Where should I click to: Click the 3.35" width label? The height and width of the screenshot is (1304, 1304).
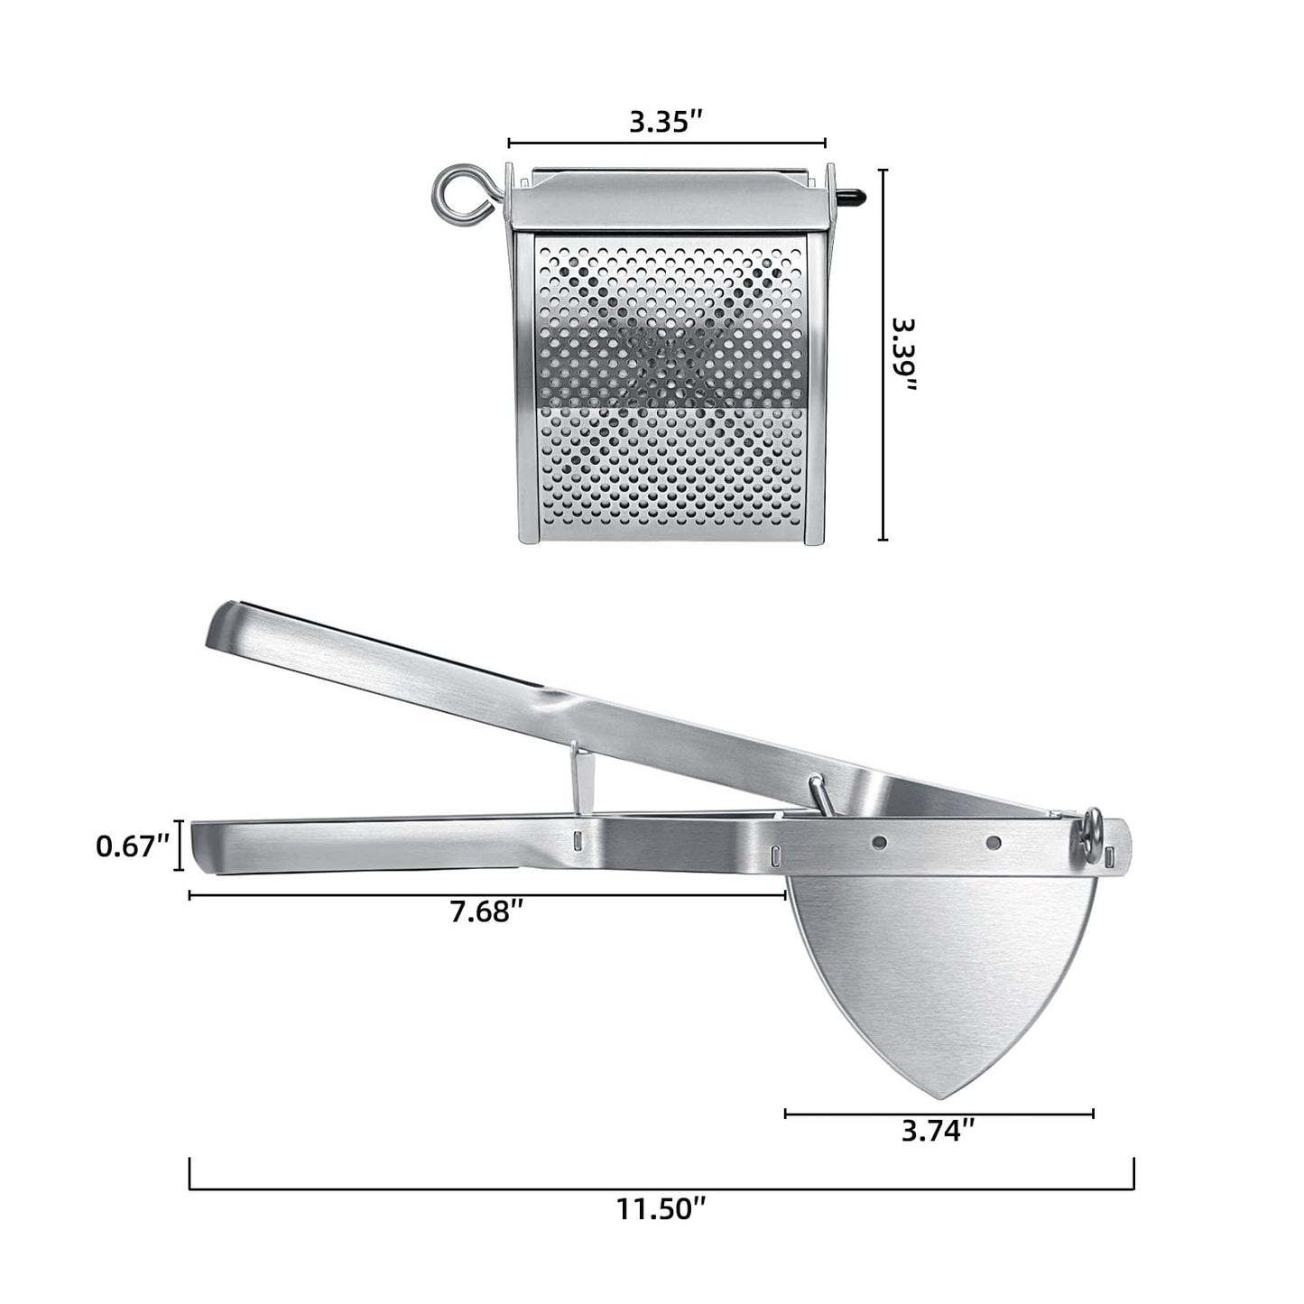coord(666,122)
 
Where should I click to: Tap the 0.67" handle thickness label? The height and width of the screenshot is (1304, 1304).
coord(133,846)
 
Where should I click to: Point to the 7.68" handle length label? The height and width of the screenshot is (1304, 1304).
coord(487,912)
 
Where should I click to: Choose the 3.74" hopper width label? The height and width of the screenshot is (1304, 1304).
coord(939,1131)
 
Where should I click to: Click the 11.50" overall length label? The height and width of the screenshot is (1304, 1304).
coord(661,1207)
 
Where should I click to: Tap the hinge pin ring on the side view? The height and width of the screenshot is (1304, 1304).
coord(1092,826)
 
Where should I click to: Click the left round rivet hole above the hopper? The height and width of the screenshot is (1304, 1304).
coord(879,842)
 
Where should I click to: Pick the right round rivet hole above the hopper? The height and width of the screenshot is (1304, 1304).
coord(994,843)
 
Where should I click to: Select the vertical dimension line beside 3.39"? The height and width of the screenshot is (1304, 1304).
coord(883,355)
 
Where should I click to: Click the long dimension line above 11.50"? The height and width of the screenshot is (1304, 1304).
coord(661,1188)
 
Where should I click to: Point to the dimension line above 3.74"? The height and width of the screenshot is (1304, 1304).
coord(939,1114)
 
